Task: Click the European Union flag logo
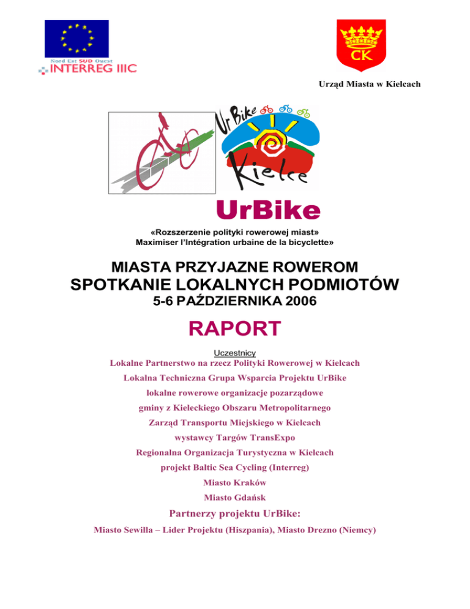[x=76, y=40]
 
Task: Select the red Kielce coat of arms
[x=361, y=44]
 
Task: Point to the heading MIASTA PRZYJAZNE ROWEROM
[x=235, y=267]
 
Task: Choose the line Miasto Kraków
[x=234, y=483]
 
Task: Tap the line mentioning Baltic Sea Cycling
[x=234, y=467]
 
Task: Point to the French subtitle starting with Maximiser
[x=234, y=243]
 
